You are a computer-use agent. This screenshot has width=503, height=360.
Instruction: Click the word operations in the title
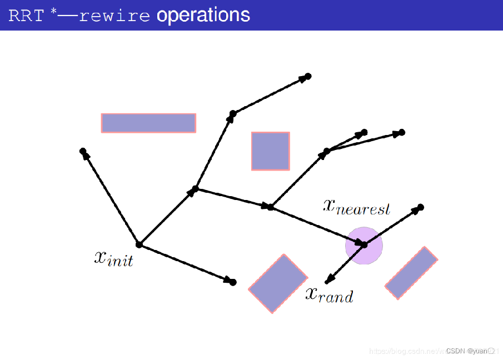[x=203, y=15]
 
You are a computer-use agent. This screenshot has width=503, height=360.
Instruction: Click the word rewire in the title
[x=114, y=16]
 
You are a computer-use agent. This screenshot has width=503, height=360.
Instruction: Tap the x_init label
[x=113, y=258]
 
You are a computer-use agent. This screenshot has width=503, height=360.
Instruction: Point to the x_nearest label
[x=356, y=206]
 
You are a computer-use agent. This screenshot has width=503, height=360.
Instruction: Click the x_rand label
[x=329, y=294]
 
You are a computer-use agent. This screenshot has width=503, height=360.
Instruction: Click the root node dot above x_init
[x=139, y=244]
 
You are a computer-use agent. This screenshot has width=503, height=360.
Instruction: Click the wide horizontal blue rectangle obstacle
[x=148, y=123]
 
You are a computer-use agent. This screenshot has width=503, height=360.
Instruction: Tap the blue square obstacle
[x=270, y=151]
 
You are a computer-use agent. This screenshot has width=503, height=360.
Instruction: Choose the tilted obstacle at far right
[x=411, y=273]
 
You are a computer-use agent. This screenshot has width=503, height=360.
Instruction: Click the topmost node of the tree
[x=308, y=76]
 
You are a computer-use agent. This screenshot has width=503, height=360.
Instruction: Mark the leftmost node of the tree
[x=83, y=151]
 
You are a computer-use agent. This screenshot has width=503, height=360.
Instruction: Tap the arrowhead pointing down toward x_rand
[x=328, y=280]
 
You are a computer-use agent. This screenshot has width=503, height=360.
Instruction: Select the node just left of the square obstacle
[x=233, y=114]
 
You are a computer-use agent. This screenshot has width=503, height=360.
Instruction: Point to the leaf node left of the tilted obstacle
[x=233, y=282]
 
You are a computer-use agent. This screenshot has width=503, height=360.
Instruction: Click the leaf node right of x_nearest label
[x=421, y=207]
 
